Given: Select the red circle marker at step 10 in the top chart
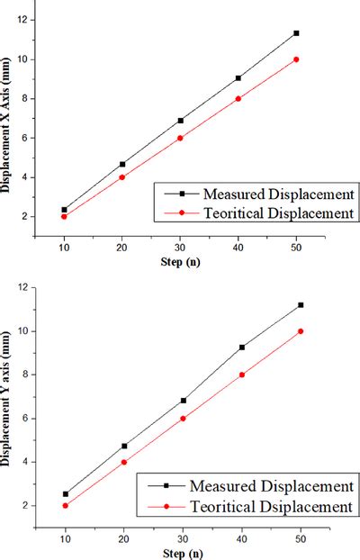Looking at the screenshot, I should pyautogui.click(x=64, y=216).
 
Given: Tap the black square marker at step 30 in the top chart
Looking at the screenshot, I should pyautogui.click(x=180, y=121).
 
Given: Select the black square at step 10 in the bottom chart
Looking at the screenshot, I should pyautogui.click(x=64, y=494).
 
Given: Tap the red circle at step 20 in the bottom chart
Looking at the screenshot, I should pyautogui.click(x=123, y=462).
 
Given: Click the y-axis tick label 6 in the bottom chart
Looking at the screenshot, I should pyautogui.click(x=27, y=419).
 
